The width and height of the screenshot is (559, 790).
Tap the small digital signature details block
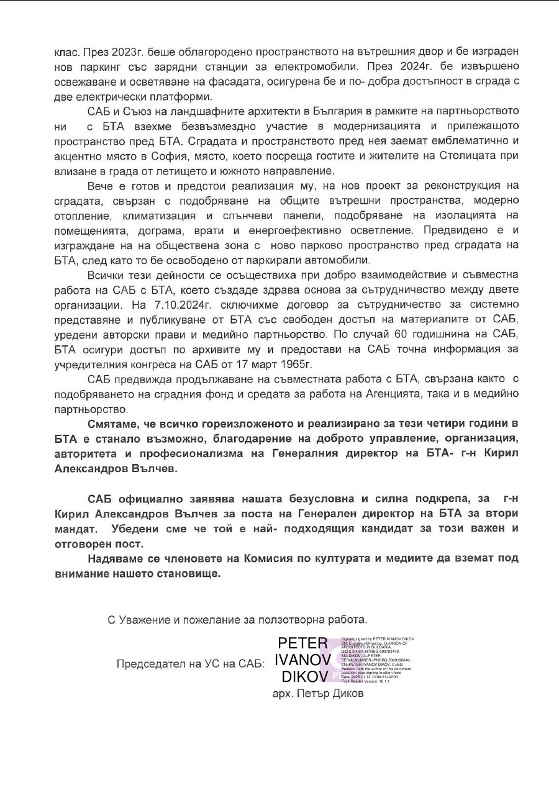378,660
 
